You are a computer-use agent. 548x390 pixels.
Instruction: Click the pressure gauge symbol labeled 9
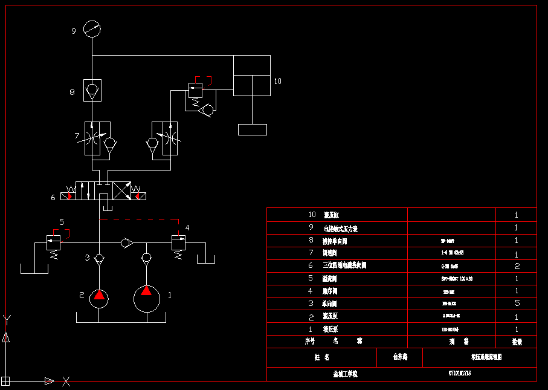point(92,28)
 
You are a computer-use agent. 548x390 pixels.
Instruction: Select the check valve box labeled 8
point(92,90)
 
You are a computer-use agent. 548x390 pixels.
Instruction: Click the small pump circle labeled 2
point(98,296)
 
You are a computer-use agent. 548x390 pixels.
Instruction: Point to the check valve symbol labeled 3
point(98,258)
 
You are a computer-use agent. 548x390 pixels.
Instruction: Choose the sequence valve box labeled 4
point(178,242)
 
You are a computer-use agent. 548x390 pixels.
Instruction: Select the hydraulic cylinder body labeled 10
point(251,75)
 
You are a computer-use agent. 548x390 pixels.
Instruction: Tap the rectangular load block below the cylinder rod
point(252,129)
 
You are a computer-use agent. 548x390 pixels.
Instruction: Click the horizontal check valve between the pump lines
point(126,242)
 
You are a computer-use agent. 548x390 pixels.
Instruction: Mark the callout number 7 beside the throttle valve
point(77,136)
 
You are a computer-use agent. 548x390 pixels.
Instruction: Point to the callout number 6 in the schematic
point(53,198)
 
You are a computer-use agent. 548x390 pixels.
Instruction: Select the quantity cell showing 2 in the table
point(516,266)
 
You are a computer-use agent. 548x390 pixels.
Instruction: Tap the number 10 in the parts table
point(312,215)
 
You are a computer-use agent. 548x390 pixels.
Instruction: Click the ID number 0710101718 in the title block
point(459,374)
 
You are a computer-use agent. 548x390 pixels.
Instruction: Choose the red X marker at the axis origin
point(66,381)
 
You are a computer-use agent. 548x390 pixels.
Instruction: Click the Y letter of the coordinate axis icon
point(6,319)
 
